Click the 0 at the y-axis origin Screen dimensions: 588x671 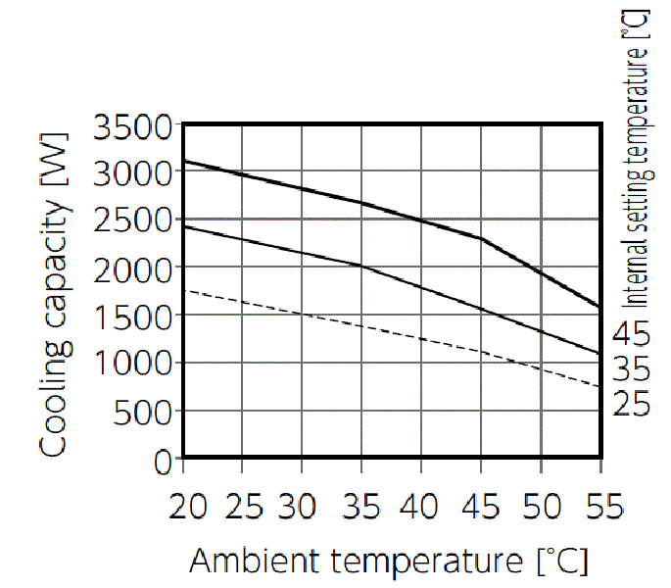click(x=164, y=459)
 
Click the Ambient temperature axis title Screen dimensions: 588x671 click(x=388, y=562)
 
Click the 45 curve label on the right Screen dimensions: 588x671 click(x=631, y=335)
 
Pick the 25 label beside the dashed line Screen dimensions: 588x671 click(x=631, y=402)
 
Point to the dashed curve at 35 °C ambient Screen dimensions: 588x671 click(x=361, y=325)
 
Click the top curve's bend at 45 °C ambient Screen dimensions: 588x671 click(x=481, y=238)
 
